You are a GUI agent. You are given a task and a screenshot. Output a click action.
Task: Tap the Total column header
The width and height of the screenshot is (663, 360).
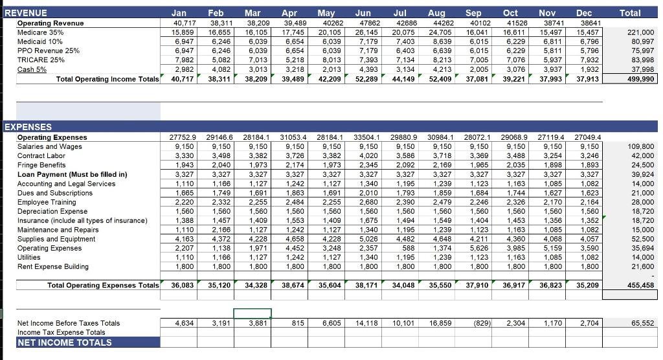tap(630, 12)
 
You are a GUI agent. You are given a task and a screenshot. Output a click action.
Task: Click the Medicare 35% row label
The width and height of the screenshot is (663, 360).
tap(40, 32)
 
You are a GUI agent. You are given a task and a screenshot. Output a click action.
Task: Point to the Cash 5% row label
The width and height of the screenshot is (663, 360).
tap(32, 69)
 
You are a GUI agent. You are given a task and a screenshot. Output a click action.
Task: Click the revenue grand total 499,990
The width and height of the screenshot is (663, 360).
tap(640, 79)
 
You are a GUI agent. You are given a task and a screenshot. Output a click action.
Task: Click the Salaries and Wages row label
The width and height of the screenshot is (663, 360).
tap(49, 146)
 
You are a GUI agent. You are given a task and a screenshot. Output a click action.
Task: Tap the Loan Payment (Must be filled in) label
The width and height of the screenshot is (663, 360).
tap(72, 174)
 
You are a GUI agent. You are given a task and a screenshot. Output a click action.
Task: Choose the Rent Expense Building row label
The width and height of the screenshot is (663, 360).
tap(53, 267)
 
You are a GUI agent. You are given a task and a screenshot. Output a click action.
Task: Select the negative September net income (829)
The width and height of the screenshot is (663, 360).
tap(480, 322)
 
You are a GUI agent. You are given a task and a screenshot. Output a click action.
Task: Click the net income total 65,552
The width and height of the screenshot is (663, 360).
tap(642, 322)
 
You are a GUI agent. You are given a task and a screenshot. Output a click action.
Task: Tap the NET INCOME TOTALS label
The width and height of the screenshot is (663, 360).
tap(64, 343)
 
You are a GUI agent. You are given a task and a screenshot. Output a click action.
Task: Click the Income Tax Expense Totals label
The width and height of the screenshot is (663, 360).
tap(61, 332)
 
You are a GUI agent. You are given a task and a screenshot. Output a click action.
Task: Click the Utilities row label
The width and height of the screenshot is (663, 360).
tap(30, 257)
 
